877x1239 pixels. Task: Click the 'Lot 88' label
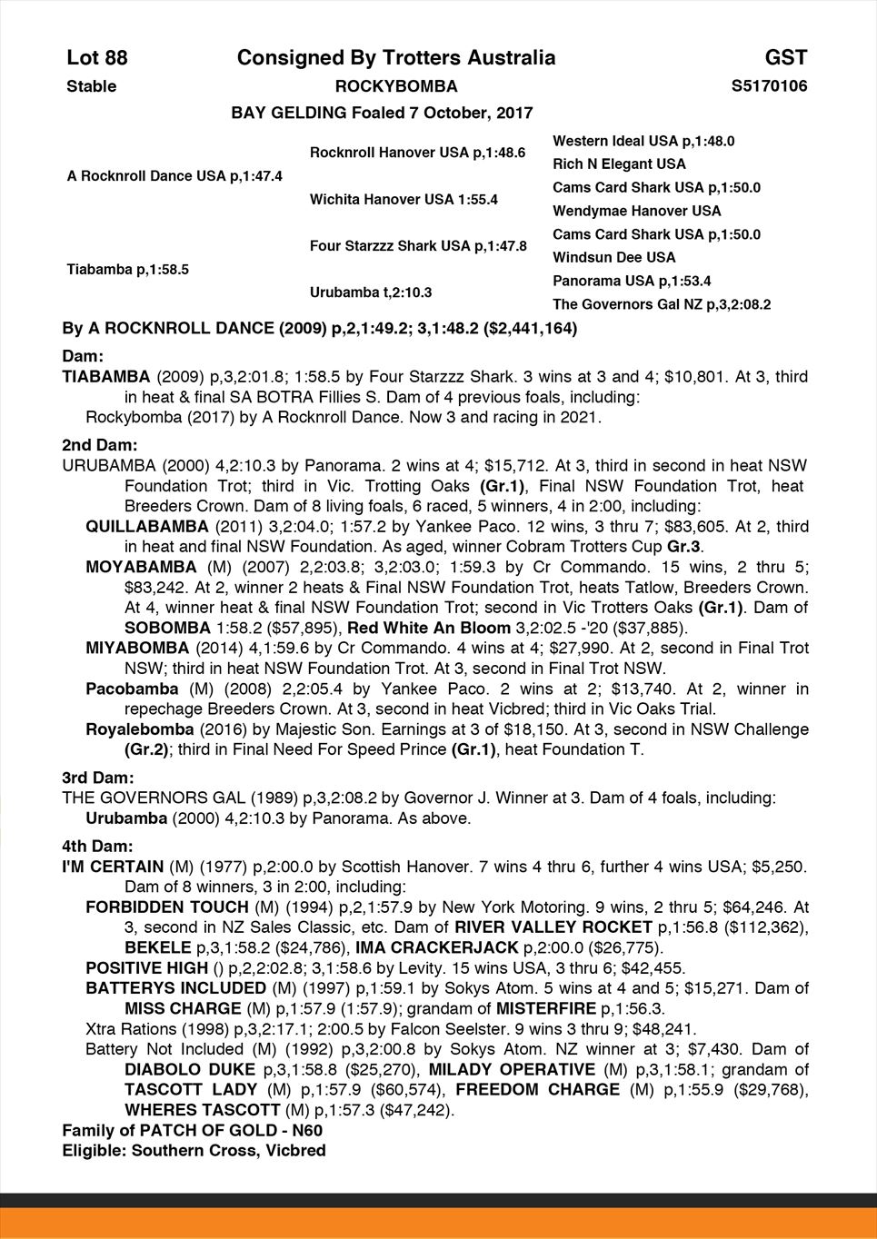[97, 58]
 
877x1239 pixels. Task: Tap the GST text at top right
[785, 58]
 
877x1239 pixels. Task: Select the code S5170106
[769, 86]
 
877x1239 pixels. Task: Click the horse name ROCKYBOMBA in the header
[396, 86]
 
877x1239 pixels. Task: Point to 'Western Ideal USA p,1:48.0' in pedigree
[643, 141]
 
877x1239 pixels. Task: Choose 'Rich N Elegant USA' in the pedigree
[619, 164]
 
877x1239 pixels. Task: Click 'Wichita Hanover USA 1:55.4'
[404, 199]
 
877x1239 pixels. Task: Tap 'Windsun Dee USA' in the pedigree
[613, 257]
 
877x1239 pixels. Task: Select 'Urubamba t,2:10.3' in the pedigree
[370, 292]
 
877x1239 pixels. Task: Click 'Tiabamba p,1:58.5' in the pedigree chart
[127, 269]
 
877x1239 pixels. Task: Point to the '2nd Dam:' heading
[99, 445]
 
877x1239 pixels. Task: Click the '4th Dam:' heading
[97, 846]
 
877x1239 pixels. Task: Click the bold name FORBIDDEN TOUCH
[166, 907]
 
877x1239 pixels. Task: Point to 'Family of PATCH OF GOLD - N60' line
[192, 1131]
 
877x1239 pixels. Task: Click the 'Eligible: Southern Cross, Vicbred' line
[194, 1151]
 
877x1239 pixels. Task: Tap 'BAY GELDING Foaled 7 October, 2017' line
[382, 114]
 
